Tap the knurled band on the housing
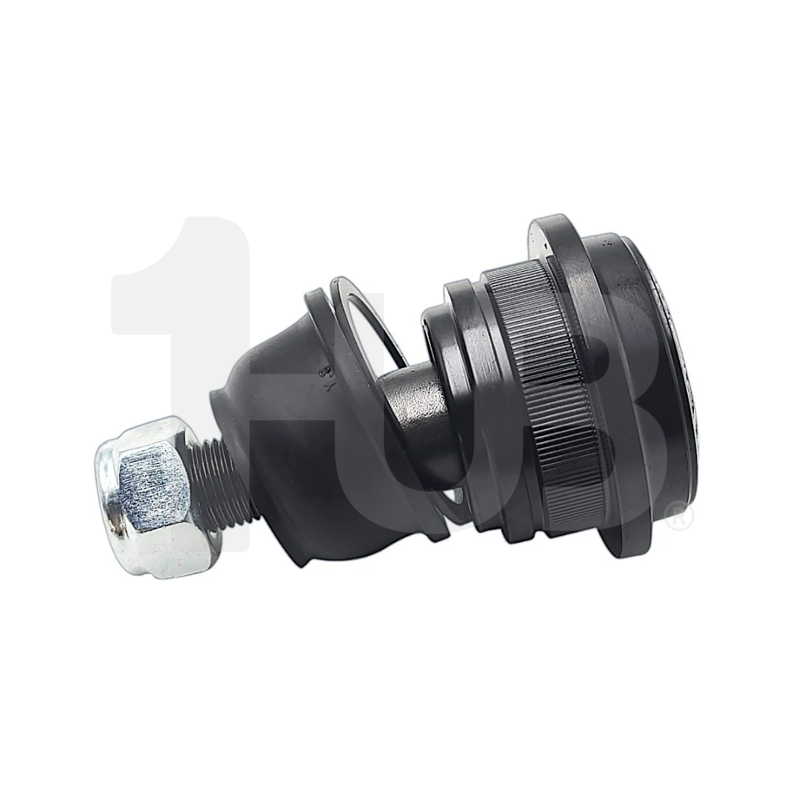coord(543,389)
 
